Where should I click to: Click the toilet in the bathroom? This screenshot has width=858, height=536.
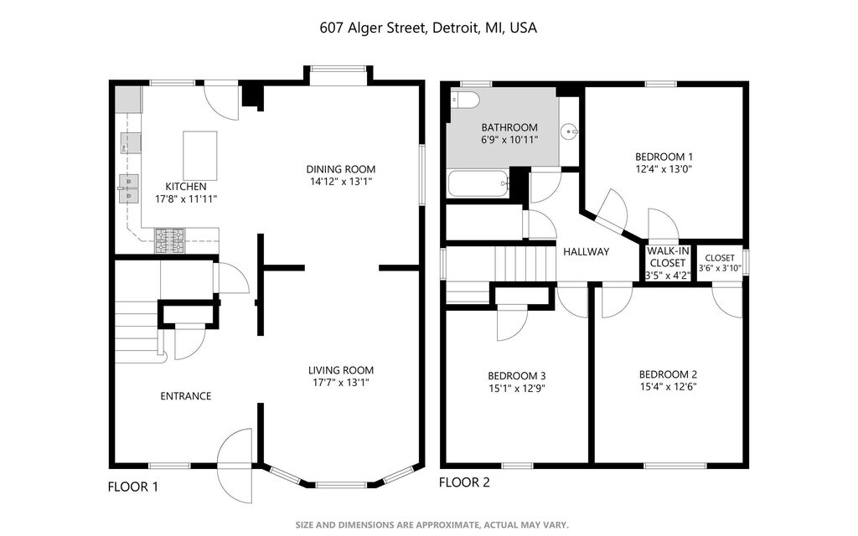[x=464, y=100]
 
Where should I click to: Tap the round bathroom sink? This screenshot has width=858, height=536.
[x=570, y=131]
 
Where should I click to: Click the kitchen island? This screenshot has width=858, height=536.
[x=199, y=156]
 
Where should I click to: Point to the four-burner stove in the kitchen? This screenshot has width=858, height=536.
[x=169, y=240]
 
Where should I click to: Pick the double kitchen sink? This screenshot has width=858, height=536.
[x=128, y=188]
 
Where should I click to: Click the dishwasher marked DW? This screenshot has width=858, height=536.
[x=131, y=143]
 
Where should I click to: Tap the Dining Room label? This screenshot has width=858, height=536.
[x=340, y=169]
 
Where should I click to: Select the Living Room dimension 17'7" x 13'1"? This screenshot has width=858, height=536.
[x=340, y=383]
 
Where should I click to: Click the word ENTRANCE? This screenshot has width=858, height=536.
[x=185, y=396]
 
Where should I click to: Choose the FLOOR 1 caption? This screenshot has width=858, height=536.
[x=133, y=487]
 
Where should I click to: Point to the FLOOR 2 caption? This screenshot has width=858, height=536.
[x=464, y=482]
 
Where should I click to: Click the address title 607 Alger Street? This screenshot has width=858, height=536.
[x=373, y=28]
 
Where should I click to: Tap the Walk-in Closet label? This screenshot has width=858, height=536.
[x=668, y=257]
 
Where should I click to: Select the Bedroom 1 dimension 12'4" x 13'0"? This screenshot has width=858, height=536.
[x=664, y=169]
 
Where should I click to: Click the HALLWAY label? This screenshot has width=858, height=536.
[x=586, y=251]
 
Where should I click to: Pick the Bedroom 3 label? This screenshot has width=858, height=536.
[x=516, y=376]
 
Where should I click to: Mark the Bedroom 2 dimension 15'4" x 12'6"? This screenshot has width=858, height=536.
[x=668, y=387]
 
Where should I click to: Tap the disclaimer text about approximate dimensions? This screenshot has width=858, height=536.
[x=432, y=524]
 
